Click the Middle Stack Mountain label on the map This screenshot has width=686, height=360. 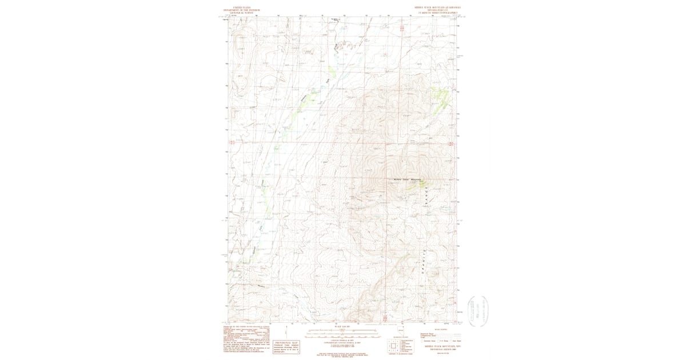tap(407, 179)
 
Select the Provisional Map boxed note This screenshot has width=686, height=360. tap(285, 347)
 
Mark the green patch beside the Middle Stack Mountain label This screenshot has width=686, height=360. tap(424, 184)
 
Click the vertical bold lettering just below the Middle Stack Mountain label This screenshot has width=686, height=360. tap(425, 197)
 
